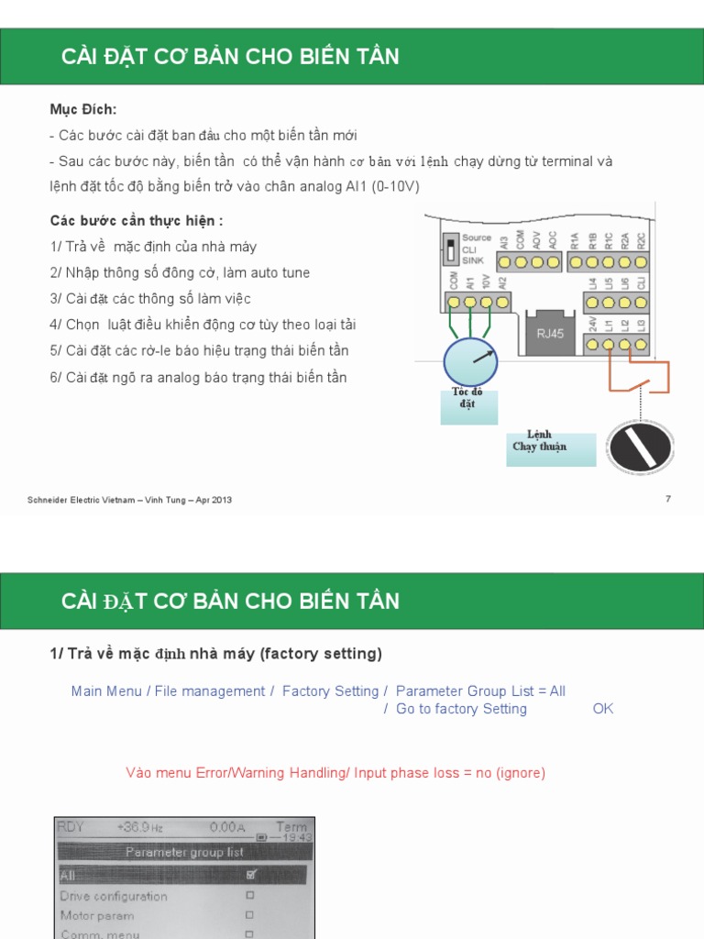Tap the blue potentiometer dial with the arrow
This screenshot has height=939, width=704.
pos(470,361)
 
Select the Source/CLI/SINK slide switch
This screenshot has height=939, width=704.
pos(450,249)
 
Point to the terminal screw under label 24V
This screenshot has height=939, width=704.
pos(593,345)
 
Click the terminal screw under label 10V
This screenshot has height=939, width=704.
pos(486,302)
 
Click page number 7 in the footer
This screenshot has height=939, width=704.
pos(667,499)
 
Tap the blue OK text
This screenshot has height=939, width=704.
pos(603,709)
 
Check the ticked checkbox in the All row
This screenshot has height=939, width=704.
pos(250,875)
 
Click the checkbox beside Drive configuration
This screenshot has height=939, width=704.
pos(250,896)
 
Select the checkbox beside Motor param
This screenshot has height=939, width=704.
pos(250,915)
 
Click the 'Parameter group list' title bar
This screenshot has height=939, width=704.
pos(185,852)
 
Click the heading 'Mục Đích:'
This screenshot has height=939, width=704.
pos(83,109)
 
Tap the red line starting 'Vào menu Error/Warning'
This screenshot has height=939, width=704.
pos(335,773)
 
